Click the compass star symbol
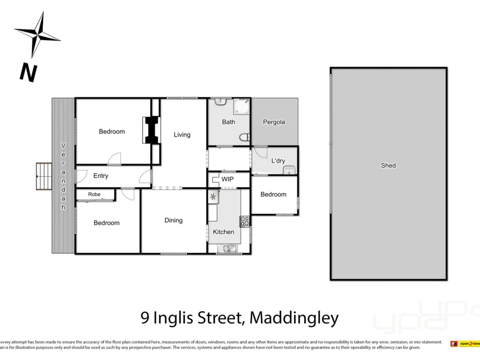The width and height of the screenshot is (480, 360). pyautogui.click(x=37, y=33)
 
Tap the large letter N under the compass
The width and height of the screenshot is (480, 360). pyautogui.click(x=28, y=72)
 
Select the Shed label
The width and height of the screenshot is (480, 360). pyautogui.click(x=388, y=166)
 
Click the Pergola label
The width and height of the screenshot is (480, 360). pyautogui.click(x=274, y=122)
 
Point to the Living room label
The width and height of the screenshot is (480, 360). pyautogui.click(x=182, y=135)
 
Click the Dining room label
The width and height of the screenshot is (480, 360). pyautogui.click(x=173, y=220)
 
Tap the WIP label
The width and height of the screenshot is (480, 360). pyautogui.click(x=228, y=180)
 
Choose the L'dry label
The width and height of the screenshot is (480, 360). pyautogui.click(x=278, y=161)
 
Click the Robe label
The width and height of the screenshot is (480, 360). pyautogui.click(x=94, y=194)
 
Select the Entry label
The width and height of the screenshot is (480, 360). pyautogui.click(x=101, y=176)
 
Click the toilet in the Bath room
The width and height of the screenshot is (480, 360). pyautogui.click(x=245, y=137)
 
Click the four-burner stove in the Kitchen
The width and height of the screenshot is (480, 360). pyautogui.click(x=245, y=221)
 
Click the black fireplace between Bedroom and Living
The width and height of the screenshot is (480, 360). pyautogui.click(x=152, y=130)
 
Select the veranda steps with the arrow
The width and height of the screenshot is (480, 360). pyautogui.click(x=44, y=176)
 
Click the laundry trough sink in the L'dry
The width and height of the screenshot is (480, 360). pyautogui.click(x=289, y=170)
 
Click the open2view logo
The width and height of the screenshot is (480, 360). pyautogui.click(x=465, y=344)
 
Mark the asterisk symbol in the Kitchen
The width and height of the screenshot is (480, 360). pyautogui.click(x=213, y=196)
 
